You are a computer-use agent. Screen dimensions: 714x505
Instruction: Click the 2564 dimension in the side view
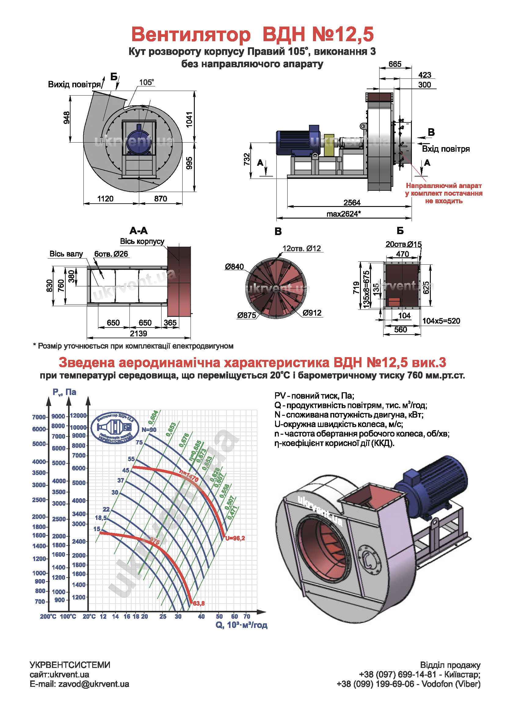tap(352, 203)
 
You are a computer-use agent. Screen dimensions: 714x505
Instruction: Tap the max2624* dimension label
tap(343, 214)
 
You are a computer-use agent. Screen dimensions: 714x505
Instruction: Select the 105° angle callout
tap(147, 82)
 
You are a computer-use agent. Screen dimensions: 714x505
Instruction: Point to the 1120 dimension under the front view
tap(105, 199)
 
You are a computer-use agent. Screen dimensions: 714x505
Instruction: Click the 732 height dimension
tap(247, 159)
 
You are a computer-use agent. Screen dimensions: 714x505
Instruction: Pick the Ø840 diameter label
tap(234, 266)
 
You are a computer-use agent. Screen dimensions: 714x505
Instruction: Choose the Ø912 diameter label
tap(312, 313)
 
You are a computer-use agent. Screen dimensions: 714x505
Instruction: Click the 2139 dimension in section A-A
tap(138, 334)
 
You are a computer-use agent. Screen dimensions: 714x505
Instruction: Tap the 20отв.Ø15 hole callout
tap(403, 244)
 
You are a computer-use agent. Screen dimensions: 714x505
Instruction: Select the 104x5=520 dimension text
tap(441, 321)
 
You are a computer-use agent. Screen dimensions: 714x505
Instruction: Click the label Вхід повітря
tap(445, 149)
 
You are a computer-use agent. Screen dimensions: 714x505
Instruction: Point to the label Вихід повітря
tap(74, 85)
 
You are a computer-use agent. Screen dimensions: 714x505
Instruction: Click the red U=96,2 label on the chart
tap(235, 538)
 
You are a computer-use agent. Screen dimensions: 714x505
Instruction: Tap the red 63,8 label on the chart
tap(199, 603)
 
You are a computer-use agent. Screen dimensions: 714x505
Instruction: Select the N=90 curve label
tap(149, 430)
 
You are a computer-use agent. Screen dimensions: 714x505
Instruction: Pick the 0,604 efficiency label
tap(153, 417)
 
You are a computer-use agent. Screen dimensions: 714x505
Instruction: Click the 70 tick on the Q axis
tap(247, 616)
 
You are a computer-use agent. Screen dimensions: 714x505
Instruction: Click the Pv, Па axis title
tap(64, 392)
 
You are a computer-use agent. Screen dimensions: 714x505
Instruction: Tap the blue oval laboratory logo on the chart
tap(115, 428)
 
